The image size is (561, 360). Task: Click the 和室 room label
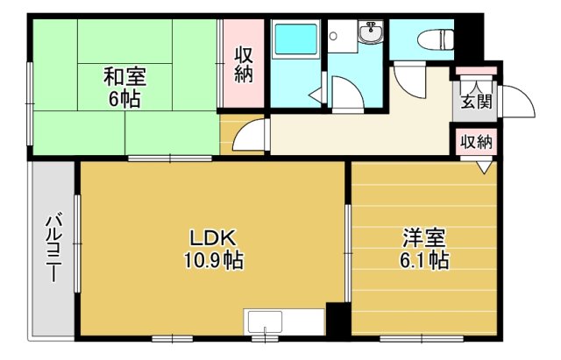(124, 77)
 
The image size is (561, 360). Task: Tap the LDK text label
(212, 238)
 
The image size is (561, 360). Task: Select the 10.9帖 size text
(214, 260)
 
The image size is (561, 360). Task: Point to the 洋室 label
(424, 238)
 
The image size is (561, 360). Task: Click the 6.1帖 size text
(424, 260)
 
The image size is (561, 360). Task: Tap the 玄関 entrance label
(476, 102)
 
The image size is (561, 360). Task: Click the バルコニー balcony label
(53, 247)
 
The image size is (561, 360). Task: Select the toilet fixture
(437, 39)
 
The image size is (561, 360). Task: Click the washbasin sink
(371, 32)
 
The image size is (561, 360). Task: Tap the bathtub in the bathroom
(295, 39)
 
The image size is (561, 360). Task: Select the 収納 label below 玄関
(476, 142)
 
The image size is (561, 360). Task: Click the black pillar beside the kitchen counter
(336, 319)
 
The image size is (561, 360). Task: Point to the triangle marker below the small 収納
(484, 167)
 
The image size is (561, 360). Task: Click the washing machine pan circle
(333, 36)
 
